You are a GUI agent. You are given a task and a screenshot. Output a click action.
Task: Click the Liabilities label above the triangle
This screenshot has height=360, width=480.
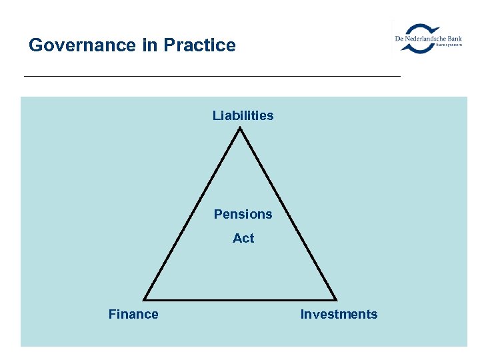pos(243,115)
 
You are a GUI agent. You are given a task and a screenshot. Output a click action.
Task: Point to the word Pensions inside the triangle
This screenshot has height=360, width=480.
pos(243,214)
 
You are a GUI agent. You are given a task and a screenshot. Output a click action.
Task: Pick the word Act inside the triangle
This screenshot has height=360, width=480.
pos(243,238)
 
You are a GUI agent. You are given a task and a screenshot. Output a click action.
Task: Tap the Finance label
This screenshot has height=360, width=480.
pos(133,314)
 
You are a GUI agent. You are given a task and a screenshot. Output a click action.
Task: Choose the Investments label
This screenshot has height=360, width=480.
pos(339,314)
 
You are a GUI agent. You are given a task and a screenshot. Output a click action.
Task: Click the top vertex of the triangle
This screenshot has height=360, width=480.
pos(240,129)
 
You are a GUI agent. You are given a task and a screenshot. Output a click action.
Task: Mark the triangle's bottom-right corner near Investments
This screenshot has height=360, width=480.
pos(335,299)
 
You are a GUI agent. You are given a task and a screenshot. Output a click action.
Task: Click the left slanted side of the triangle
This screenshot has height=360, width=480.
pos(193,214)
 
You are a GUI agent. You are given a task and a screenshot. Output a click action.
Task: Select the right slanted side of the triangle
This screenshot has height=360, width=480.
pos(288,214)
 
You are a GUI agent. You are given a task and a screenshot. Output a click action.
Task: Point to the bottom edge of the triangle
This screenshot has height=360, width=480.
pos(240,299)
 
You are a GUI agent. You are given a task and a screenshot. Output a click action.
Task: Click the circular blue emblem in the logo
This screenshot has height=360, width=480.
pos(421,38)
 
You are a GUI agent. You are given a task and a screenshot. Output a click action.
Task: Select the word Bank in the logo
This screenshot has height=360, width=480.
pos(454,39)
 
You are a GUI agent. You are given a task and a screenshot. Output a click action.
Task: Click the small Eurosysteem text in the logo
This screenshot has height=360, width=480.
pos(449,45)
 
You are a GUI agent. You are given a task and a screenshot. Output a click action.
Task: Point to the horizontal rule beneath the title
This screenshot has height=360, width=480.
pos(212,77)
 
